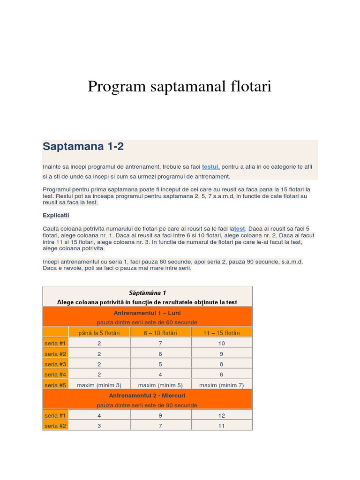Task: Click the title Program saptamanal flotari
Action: click(180, 87)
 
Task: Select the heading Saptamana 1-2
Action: click(83, 146)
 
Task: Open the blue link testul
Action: click(211, 166)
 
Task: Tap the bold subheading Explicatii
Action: click(56, 215)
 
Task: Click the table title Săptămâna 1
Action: click(147, 292)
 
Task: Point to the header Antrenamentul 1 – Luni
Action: click(147, 313)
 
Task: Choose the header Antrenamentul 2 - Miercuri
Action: click(147, 395)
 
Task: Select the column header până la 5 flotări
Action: click(99, 333)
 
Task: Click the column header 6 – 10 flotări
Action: click(160, 333)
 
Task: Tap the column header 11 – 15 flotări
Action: click(221, 333)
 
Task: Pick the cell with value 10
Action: click(221, 344)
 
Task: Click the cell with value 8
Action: click(221, 364)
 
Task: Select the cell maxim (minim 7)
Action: click(221, 385)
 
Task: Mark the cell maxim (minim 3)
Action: click(99, 385)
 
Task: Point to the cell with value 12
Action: click(221, 416)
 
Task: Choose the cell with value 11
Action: click(221, 426)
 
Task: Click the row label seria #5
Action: click(55, 385)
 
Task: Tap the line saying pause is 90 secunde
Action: click(147, 405)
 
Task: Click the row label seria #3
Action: click(55, 364)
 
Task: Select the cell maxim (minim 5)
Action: click(160, 385)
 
